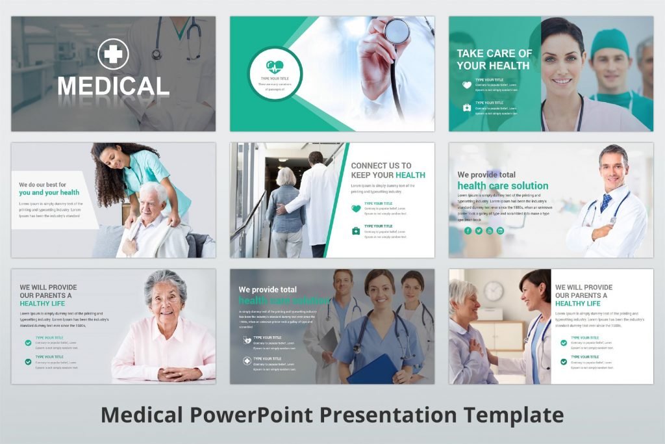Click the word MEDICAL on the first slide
113,86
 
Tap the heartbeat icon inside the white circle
275,66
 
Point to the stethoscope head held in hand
396,31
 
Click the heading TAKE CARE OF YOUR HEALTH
494,59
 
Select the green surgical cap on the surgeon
610,40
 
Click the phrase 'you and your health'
49,192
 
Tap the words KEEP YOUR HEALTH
388,175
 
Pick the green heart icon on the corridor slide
356,209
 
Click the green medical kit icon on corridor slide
356,231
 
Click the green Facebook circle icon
468,231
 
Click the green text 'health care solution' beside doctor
503,186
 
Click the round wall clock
494,291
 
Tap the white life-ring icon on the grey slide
247,361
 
